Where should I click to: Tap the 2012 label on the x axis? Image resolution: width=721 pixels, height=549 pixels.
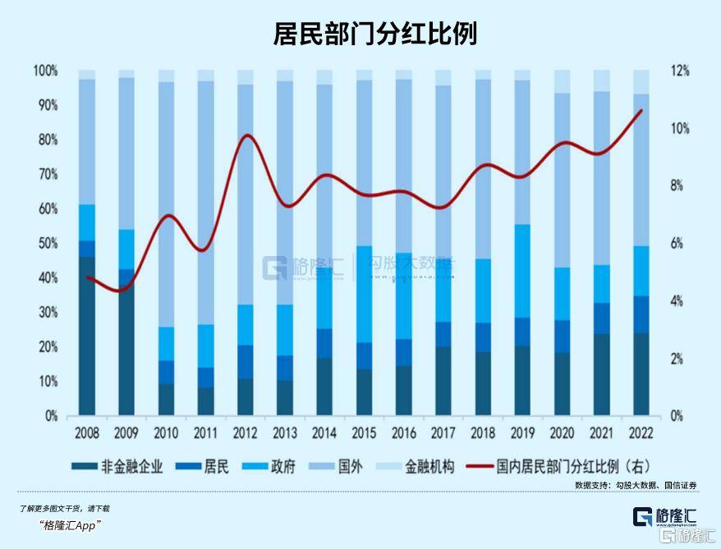pyautogui.click(x=246, y=432)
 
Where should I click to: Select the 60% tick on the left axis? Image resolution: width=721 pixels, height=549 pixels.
pyautogui.click(x=45, y=209)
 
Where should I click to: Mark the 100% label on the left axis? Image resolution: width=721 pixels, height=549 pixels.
pyautogui.click(x=44, y=71)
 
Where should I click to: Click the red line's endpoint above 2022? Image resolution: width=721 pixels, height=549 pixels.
pyautogui.click(x=641, y=110)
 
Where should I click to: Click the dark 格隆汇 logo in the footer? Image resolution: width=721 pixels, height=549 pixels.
pyautogui.click(x=664, y=516)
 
